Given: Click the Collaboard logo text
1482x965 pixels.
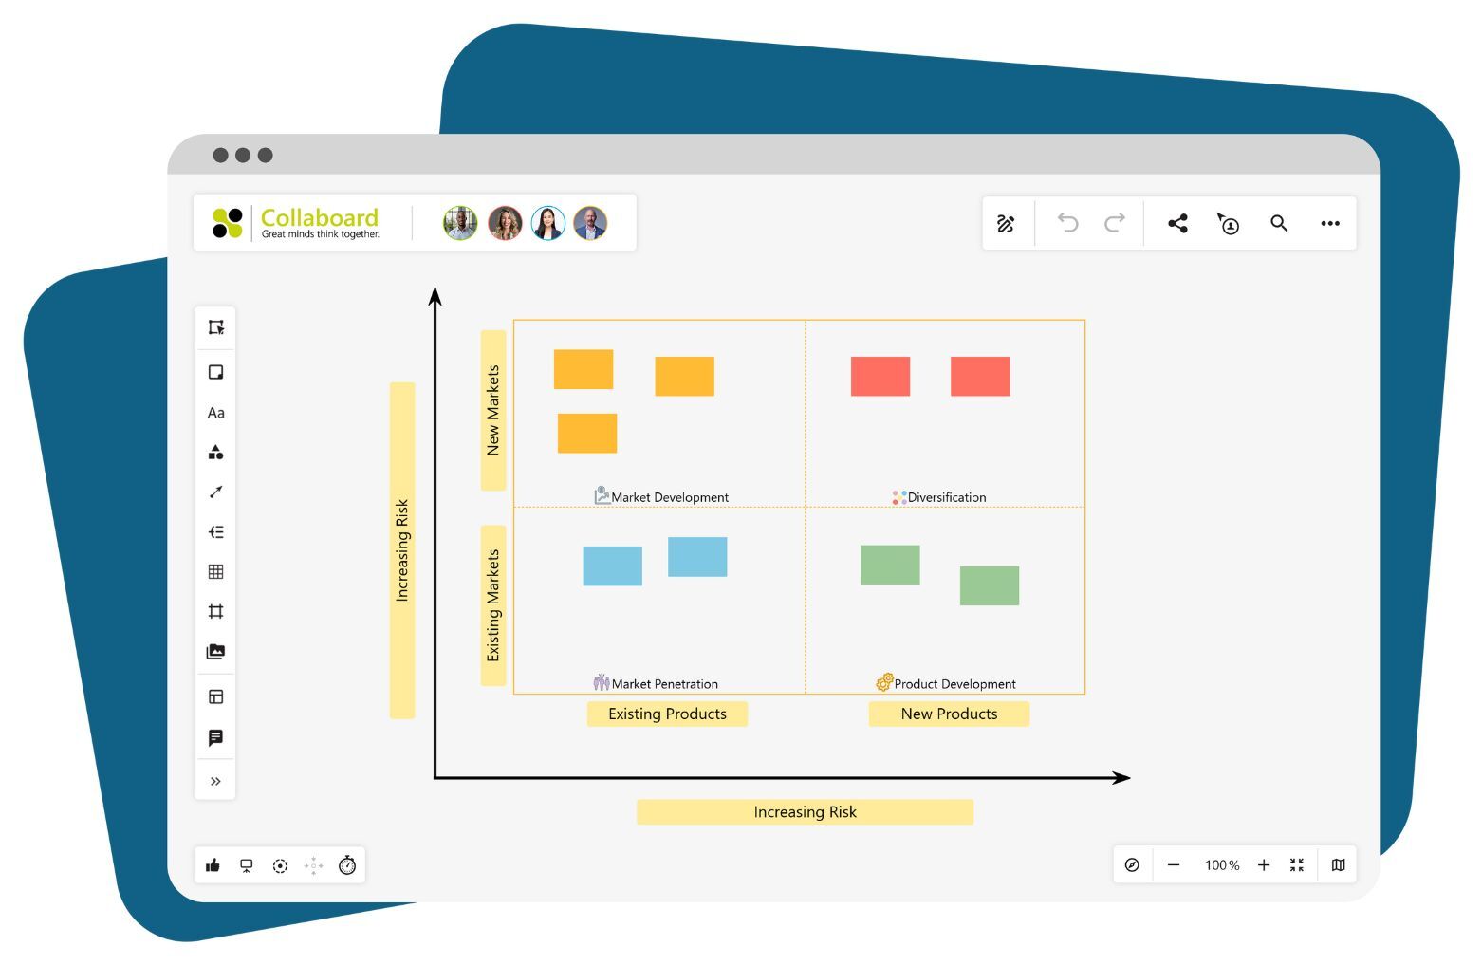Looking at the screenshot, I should pos(319,218).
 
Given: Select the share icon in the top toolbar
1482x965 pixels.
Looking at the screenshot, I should pos(1177,224).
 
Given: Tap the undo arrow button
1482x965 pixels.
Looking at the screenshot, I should pos(1067,223).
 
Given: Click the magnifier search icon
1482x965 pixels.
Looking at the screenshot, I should pos(1278,224).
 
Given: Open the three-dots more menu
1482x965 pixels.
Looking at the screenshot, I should pos(1329,224).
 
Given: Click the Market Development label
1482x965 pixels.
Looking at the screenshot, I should pos(669,497).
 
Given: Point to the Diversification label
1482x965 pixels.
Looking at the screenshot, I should pos(946,497).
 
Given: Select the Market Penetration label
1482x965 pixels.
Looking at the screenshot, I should pos(664,684).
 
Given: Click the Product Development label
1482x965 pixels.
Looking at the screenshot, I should pos(954,684).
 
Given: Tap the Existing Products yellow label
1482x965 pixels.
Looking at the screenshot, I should pos(667,714).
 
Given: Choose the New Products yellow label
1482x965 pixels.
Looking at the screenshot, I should pos(949,714).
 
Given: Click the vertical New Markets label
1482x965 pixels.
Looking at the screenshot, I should pos(492,410).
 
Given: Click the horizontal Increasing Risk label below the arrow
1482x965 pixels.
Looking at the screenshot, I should pos(805,812).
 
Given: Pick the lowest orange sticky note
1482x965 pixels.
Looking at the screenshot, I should pos(586,434).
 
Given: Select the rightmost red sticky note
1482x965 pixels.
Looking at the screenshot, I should pos(979,377).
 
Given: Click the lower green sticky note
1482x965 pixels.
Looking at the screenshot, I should pos(989,585).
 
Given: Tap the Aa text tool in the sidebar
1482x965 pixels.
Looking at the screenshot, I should pos(215,413).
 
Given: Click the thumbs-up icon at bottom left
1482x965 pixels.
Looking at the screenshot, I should pos(213,865).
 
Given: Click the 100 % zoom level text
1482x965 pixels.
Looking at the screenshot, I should pos(1221,865).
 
